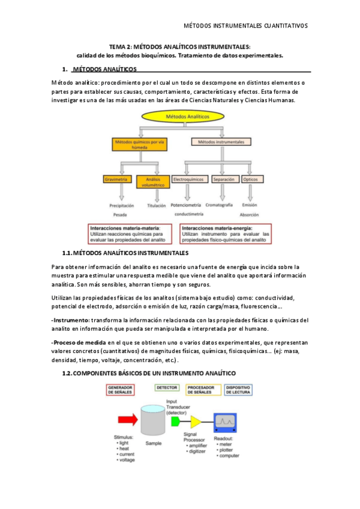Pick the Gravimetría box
pyautogui.click(x=118, y=179)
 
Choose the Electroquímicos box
pyautogui.click(x=188, y=179)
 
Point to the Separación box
pyautogui.click(x=224, y=179)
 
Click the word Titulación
pyautogui.click(x=156, y=205)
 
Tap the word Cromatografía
pyautogui.click(x=223, y=205)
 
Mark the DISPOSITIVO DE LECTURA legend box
pyautogui.click(x=239, y=390)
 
